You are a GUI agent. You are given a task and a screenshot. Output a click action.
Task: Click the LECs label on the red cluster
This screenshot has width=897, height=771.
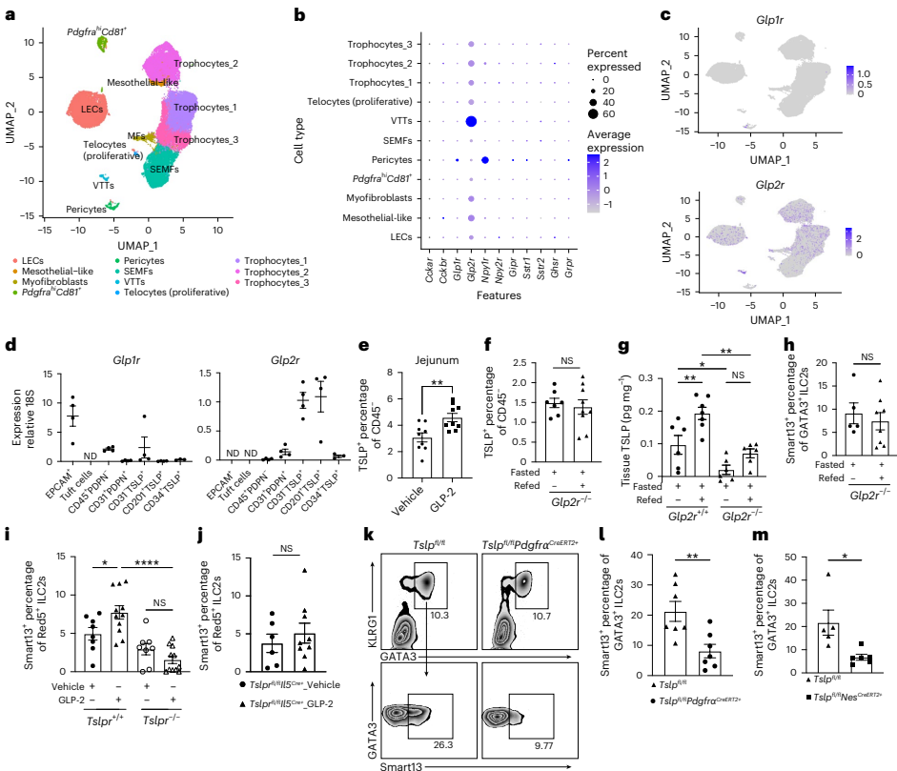pyautogui.click(x=92, y=110)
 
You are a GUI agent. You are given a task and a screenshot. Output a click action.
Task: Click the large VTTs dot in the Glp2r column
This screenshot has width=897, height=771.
pyautogui.click(x=470, y=121)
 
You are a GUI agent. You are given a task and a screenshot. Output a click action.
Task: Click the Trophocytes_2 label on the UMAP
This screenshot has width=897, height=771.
pyautogui.click(x=206, y=62)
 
